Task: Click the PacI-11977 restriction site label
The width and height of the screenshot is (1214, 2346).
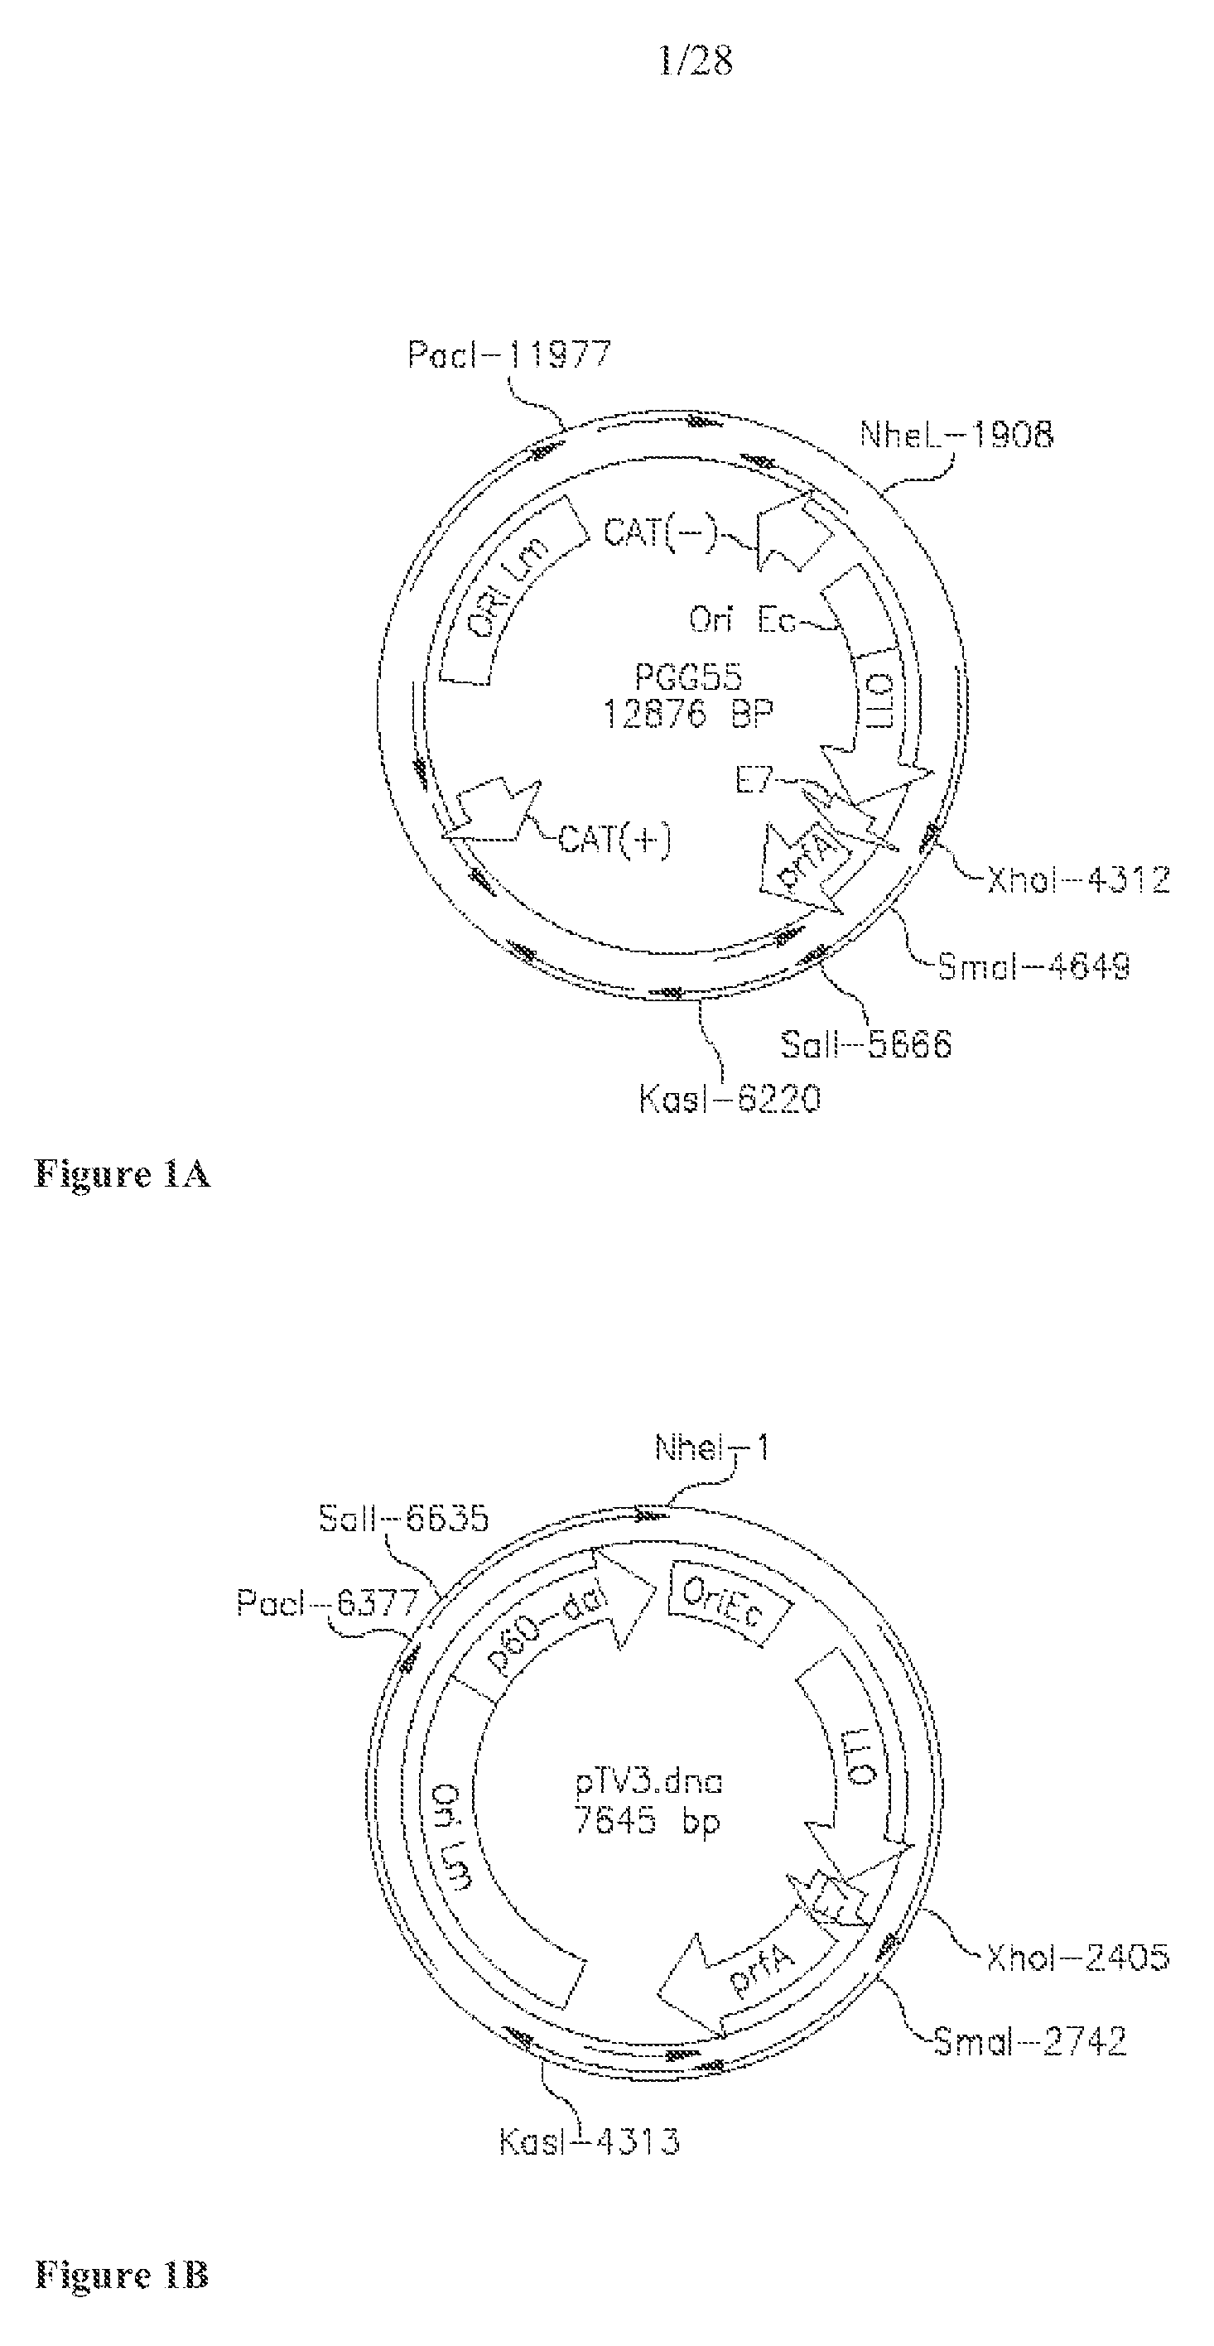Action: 508,354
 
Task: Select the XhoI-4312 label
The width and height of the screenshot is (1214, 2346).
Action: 1077,879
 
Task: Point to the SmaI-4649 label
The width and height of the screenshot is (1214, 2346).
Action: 1033,966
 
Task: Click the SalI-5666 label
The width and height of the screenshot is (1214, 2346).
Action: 865,1043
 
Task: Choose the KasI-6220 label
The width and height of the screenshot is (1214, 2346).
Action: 729,1099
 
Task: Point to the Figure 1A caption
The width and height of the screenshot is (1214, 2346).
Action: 122,1174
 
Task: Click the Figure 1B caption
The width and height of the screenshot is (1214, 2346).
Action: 122,2275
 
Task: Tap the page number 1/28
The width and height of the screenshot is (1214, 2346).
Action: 695,61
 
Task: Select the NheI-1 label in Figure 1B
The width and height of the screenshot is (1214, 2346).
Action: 711,1448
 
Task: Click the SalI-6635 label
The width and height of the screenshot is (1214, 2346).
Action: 403,1518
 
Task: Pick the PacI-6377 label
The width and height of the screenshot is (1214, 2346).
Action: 327,1602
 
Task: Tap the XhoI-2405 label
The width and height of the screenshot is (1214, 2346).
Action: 1077,1956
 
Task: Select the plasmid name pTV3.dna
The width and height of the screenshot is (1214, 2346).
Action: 648,1781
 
